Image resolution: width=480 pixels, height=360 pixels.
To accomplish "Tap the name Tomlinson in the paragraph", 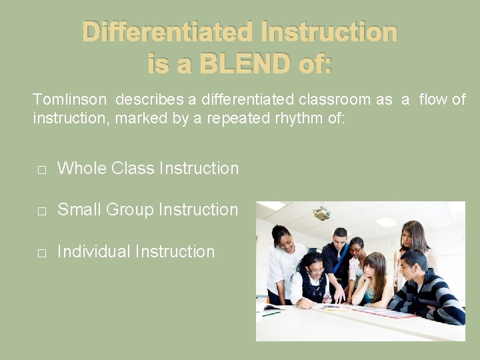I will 69,100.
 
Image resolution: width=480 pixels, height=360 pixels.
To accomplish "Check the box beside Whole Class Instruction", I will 41,170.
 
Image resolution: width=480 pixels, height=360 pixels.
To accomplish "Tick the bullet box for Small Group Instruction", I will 41,211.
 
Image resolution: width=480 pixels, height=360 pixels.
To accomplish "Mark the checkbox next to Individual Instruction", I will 41,253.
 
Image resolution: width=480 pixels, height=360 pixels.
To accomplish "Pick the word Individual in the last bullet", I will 94,252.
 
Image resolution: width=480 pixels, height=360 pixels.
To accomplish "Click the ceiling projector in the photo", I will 322,213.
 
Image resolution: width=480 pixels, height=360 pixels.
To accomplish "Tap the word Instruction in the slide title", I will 330,32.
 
